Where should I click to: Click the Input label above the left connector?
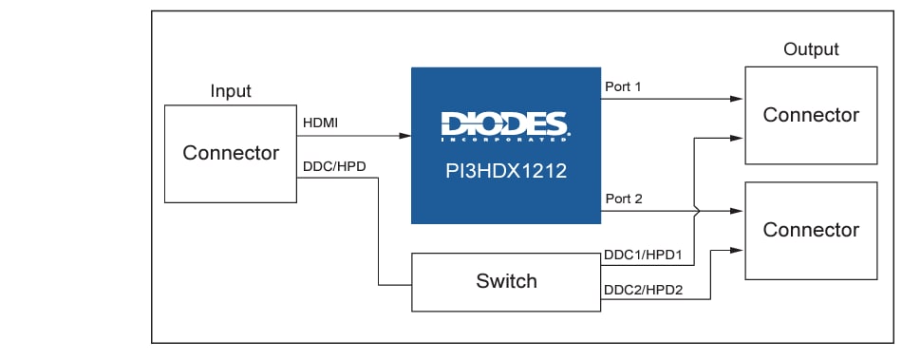[231, 91]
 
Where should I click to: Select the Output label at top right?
[811, 49]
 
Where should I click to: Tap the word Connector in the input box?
[231, 153]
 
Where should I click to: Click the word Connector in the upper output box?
[811, 115]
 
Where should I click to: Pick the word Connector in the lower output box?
[811, 230]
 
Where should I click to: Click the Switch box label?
[506, 281]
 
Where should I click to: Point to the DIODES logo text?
[504, 124]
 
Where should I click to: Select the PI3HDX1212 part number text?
[505, 173]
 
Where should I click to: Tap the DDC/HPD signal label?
[334, 166]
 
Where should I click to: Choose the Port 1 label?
[624, 86]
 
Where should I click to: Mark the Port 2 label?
[624, 199]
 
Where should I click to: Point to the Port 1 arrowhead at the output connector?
[738, 99]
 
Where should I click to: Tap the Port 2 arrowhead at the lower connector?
[738, 211]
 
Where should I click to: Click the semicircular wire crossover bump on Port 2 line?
[698, 211]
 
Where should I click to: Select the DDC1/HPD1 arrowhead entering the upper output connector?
[738, 138]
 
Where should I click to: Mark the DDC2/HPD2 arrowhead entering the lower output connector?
[738, 251]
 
